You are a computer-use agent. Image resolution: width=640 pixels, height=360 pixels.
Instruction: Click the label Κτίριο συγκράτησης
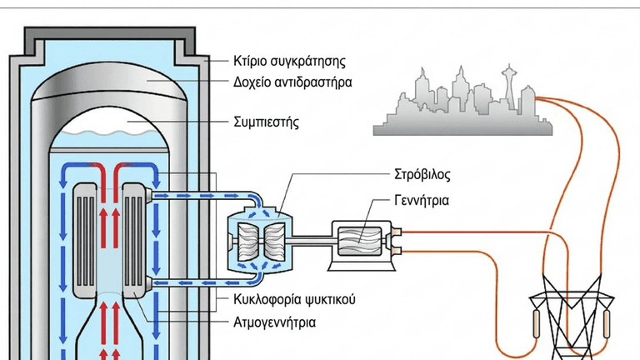point(289,62)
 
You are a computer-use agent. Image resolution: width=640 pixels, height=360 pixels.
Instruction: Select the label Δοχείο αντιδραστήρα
point(292,82)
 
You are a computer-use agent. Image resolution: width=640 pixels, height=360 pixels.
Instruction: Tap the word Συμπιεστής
point(266,122)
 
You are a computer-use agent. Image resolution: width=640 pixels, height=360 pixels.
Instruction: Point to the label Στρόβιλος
point(422,175)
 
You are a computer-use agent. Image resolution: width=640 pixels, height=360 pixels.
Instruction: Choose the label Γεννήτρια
point(422,200)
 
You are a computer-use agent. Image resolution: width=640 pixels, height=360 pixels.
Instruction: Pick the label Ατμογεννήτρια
point(274,322)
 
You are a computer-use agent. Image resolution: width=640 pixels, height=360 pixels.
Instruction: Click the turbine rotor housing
point(261,242)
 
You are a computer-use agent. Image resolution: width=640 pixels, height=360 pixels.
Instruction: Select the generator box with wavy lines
point(360,242)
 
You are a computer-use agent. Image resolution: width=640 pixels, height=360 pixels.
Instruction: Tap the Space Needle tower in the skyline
point(509,87)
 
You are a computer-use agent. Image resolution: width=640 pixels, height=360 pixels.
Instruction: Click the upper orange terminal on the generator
point(396,232)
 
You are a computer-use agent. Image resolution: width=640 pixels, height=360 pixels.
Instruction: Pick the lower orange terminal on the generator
point(396,251)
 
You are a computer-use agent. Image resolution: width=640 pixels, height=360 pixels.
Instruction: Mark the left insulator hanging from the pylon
point(537,323)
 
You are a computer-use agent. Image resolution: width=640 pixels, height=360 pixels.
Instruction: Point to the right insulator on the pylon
point(607,323)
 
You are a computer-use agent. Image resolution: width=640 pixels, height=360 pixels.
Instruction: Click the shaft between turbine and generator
point(312,241)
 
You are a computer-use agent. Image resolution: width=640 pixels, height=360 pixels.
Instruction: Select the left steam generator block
point(85,240)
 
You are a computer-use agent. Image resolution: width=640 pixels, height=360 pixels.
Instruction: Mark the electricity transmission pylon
point(572,317)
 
